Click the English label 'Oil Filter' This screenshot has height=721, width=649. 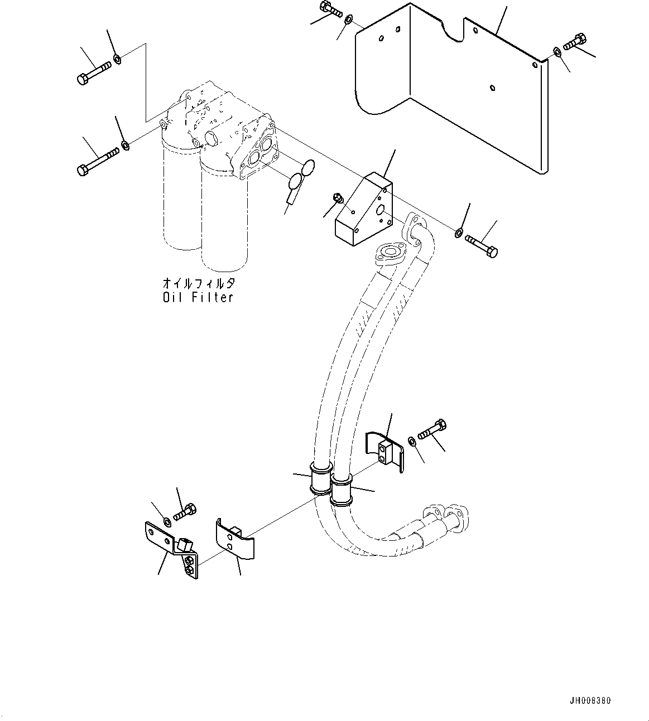click(198, 297)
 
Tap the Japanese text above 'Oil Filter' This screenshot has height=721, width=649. click(199, 283)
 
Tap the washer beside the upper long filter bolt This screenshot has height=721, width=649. click(117, 59)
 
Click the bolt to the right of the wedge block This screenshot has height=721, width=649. click(481, 246)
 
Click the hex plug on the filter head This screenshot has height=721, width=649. click(213, 138)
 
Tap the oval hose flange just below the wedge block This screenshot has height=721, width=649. click(389, 254)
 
